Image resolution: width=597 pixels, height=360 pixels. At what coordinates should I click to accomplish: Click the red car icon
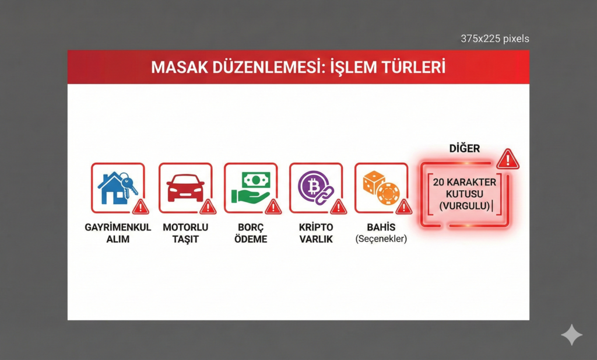[x=185, y=187]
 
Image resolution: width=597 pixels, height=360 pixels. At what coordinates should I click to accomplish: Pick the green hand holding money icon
[x=251, y=187]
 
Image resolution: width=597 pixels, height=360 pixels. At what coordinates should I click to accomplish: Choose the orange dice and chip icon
[x=380, y=187]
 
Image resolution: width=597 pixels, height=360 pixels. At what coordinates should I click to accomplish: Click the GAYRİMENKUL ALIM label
[x=118, y=233]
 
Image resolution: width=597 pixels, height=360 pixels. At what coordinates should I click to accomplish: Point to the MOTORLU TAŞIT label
[x=185, y=233]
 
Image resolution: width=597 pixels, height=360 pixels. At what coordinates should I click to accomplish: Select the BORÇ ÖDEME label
[x=252, y=233]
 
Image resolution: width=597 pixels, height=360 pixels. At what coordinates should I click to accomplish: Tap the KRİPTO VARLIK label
[x=316, y=233]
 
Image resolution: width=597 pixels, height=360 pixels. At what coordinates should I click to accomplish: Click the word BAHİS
[x=381, y=227]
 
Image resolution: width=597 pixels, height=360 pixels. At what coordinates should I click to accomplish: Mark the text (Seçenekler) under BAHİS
[x=381, y=239]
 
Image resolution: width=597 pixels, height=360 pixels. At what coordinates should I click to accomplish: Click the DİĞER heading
[x=464, y=148]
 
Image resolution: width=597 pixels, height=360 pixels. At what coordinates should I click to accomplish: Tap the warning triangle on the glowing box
[x=508, y=159]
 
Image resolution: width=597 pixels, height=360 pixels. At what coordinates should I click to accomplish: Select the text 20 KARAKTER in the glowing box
[x=464, y=182]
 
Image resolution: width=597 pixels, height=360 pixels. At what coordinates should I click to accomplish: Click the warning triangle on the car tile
[x=208, y=207]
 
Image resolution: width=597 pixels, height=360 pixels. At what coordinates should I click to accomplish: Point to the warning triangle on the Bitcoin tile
[x=338, y=207]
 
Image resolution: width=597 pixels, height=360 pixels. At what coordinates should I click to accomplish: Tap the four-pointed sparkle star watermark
[x=571, y=335]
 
